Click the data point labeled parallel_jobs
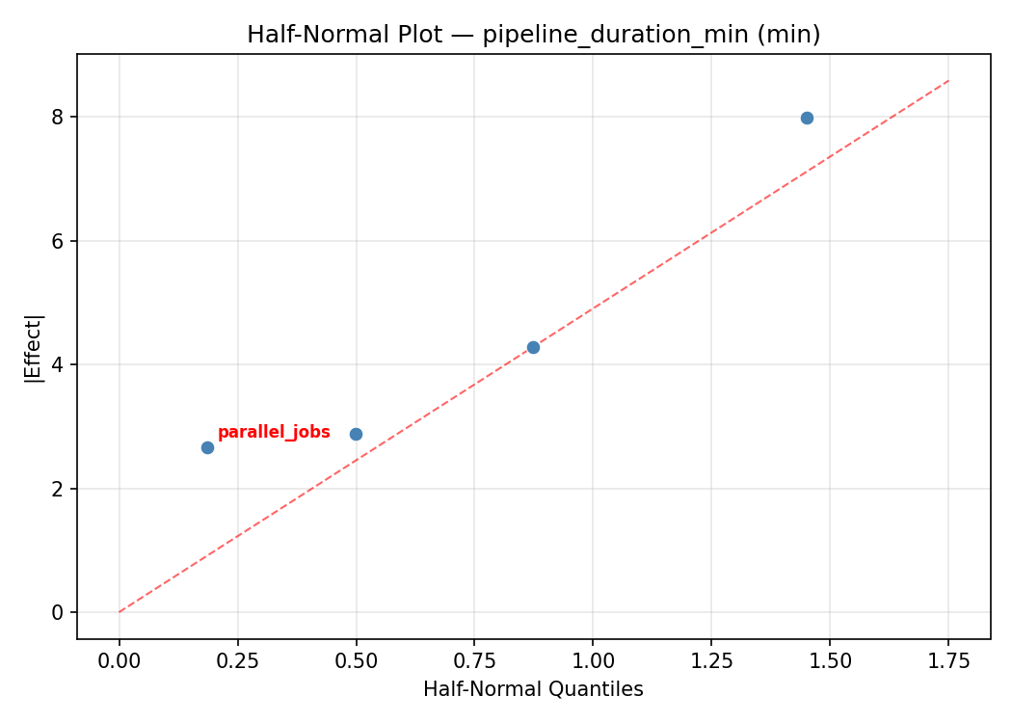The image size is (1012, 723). [x=207, y=447]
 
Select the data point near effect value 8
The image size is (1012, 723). [x=807, y=118]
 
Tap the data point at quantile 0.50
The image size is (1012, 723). [x=356, y=434]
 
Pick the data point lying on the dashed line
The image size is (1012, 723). [x=533, y=347]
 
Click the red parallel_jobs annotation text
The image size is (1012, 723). [x=274, y=433]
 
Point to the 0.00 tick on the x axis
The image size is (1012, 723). [x=120, y=662]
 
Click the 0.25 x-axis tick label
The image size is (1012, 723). [x=237, y=662]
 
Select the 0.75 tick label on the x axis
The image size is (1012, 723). [x=474, y=662]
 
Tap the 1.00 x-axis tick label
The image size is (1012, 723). [x=593, y=662]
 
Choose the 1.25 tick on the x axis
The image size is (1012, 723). [x=711, y=662]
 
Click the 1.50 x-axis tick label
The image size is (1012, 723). [x=830, y=662]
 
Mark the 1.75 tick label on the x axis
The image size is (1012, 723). [x=948, y=662]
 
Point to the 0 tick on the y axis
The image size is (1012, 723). [x=59, y=613]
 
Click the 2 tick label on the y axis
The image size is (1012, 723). [x=59, y=489]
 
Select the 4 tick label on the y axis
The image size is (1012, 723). [x=59, y=365]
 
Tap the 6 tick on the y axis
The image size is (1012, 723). [x=59, y=241]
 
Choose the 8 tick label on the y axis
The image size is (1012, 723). [x=59, y=118]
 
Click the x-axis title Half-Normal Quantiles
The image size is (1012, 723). [x=533, y=690]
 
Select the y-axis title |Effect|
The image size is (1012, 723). [x=34, y=347]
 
